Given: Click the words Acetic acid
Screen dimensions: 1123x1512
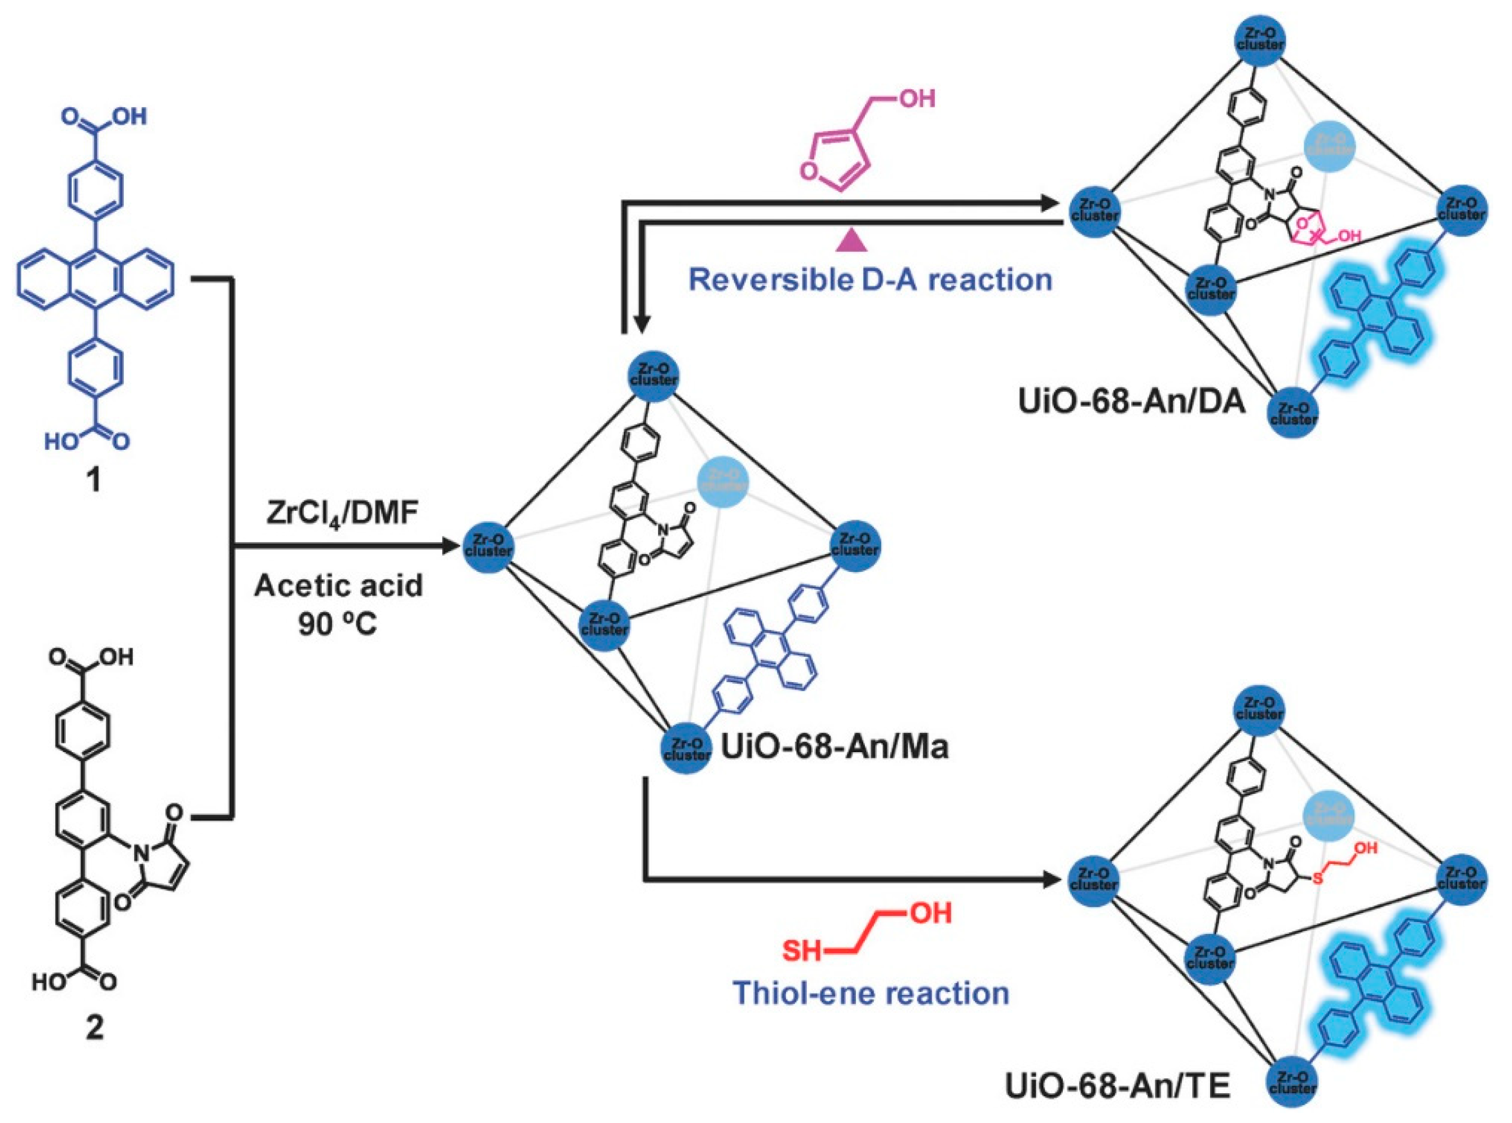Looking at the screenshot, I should (x=338, y=586).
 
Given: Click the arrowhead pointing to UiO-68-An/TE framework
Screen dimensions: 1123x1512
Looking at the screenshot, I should (x=1052, y=882).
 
